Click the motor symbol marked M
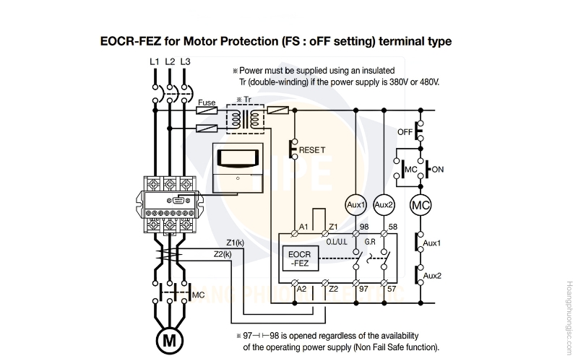coord(169,340)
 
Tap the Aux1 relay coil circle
coord(355,205)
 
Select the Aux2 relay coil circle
coord(384,205)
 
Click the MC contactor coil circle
coord(420,205)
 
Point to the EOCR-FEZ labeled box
coord(301,258)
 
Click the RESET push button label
coord(312,150)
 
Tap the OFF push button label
coord(405,132)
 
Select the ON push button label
coord(438,170)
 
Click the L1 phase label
coord(155,61)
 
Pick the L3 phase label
coord(186,61)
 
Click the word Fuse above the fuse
coord(207,103)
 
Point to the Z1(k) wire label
coord(236,243)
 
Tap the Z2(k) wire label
coord(223,254)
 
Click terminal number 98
coord(364,227)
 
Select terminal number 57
coord(392,289)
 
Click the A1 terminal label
coord(303,227)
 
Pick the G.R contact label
coord(370,242)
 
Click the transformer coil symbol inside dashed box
coord(245,119)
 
